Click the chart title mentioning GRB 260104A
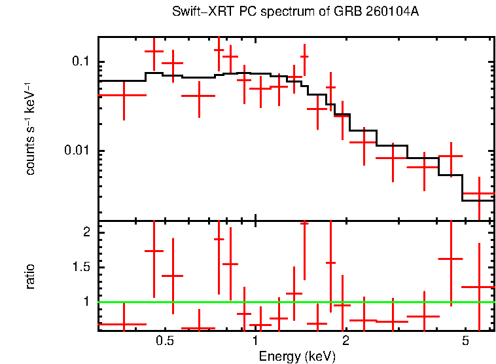pos(295,12)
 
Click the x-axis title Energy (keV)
pos(296,356)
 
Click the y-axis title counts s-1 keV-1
pos(30,128)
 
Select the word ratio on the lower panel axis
pos(30,276)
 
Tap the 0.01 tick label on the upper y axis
pos(77,151)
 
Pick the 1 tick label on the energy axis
pos(255,342)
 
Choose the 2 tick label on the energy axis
pos(345,342)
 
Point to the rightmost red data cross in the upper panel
pos(479,194)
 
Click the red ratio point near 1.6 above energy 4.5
pos(450,259)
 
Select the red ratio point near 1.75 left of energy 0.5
pos(154,251)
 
